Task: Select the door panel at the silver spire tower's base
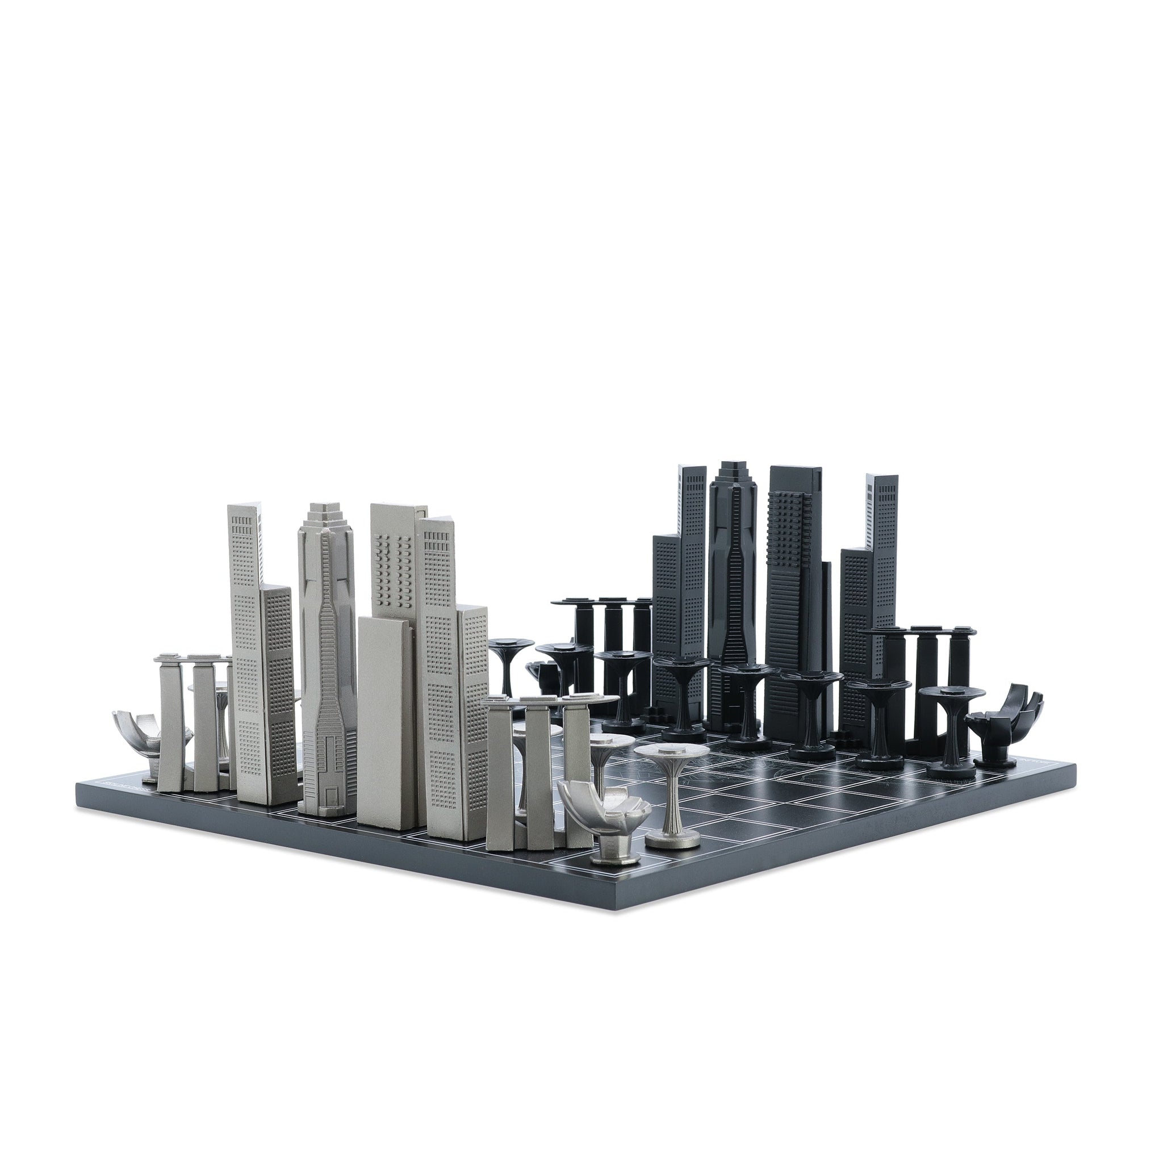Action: click(330, 794)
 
